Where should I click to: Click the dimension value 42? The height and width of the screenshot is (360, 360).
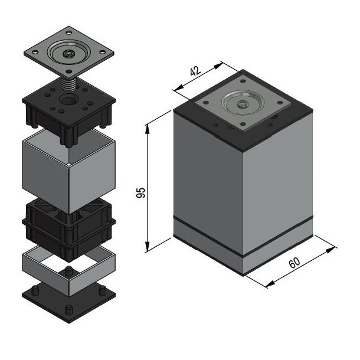195,71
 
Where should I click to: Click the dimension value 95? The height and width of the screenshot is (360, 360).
140,192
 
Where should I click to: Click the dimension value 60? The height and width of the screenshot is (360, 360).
294,263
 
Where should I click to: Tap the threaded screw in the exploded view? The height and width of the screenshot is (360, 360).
68,84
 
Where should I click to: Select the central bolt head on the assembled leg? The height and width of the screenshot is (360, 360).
242,104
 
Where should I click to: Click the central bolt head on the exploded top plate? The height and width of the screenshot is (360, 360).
68,54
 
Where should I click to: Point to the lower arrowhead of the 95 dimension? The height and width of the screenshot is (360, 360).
148,246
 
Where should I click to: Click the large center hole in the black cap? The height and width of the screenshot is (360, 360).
68,100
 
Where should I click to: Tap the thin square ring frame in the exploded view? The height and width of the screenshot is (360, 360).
68,271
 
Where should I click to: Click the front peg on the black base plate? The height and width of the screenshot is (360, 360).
68,310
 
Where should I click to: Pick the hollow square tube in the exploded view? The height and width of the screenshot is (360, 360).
68,171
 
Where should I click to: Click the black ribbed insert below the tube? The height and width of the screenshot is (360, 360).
68,230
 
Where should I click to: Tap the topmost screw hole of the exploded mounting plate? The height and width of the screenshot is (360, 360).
68,33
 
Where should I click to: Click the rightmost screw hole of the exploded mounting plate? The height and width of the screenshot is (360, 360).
102,52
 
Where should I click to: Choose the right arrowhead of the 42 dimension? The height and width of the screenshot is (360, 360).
218,66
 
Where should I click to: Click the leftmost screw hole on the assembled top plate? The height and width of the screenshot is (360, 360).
206,103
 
